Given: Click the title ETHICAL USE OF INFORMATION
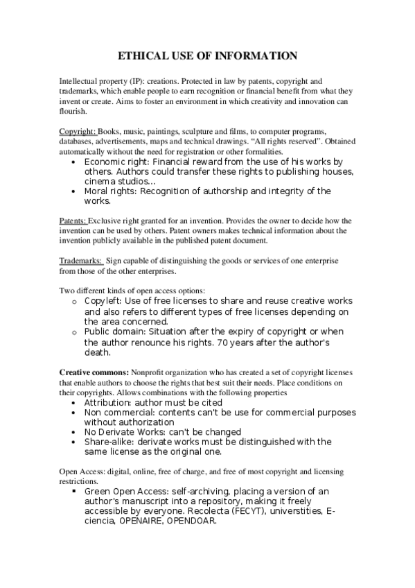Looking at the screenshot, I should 207,55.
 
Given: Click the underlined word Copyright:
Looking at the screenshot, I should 78,132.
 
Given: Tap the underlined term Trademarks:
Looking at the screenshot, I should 80,260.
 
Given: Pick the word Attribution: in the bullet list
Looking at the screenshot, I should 112,402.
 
